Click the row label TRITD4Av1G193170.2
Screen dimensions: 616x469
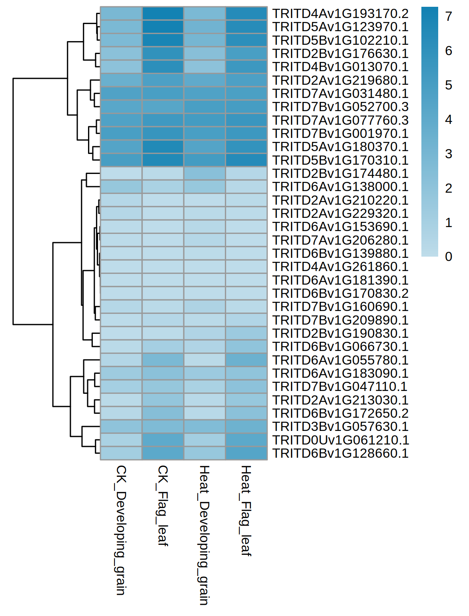coord(340,14)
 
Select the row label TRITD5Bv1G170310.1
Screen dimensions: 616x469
coord(340,160)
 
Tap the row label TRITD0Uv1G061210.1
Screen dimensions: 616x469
coord(341,440)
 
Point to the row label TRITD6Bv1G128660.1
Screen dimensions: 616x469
coord(340,453)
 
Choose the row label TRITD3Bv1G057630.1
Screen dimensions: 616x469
coord(340,427)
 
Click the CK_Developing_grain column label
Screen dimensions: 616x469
coord(121,530)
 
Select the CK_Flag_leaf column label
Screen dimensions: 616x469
coord(162,505)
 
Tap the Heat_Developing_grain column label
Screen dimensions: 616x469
coord(204,535)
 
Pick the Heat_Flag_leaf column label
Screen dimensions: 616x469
coord(246,510)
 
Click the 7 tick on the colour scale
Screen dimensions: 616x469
coord(449,16)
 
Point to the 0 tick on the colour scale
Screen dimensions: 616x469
coord(449,257)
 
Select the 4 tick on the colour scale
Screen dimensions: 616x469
coord(449,120)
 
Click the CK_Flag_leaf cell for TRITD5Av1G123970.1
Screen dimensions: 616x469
coord(163,27)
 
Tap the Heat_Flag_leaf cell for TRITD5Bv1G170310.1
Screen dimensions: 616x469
coord(246,160)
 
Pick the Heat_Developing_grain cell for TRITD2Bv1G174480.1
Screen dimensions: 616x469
coord(204,173)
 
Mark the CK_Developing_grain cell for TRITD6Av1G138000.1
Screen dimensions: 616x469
coord(121,187)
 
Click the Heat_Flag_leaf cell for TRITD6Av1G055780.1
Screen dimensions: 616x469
coord(246,360)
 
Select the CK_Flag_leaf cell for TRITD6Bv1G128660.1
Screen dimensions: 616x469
coord(163,453)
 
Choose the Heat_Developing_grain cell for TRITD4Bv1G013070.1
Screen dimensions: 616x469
coord(204,67)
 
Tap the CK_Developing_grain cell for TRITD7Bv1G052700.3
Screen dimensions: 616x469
coord(121,107)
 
